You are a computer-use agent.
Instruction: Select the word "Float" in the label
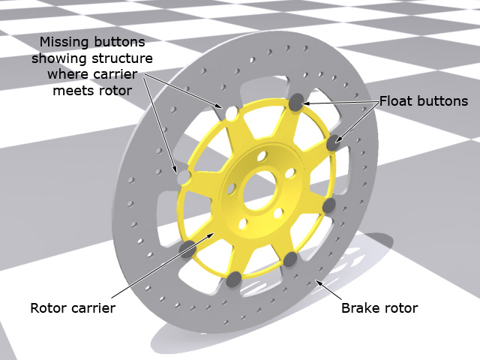[396, 100]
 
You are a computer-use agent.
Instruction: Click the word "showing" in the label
[64, 58]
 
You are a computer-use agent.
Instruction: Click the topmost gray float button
[296, 103]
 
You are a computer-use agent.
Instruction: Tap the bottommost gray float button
[234, 279]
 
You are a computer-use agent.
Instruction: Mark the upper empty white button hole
[231, 113]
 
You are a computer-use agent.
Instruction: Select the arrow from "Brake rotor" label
[328, 291]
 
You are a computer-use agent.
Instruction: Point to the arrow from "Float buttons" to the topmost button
[337, 102]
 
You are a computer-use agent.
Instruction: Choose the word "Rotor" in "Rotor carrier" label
[48, 308]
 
